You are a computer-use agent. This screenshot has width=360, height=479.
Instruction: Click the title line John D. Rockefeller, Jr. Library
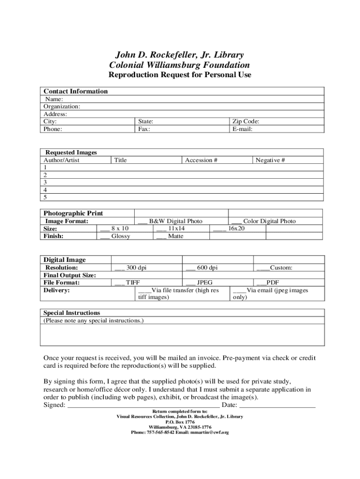click(180, 55)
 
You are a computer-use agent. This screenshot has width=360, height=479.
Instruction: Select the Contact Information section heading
click(75, 91)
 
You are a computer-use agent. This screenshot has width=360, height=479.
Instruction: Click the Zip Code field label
click(245, 121)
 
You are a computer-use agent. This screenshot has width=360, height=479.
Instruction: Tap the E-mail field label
click(242, 129)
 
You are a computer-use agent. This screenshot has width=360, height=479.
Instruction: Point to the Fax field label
click(144, 129)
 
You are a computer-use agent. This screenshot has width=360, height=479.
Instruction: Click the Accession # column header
click(201, 160)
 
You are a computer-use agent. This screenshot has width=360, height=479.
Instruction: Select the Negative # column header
click(270, 160)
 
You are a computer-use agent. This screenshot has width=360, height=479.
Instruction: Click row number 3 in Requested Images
click(45, 182)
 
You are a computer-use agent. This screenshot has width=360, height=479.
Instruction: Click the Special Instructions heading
click(72, 312)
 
